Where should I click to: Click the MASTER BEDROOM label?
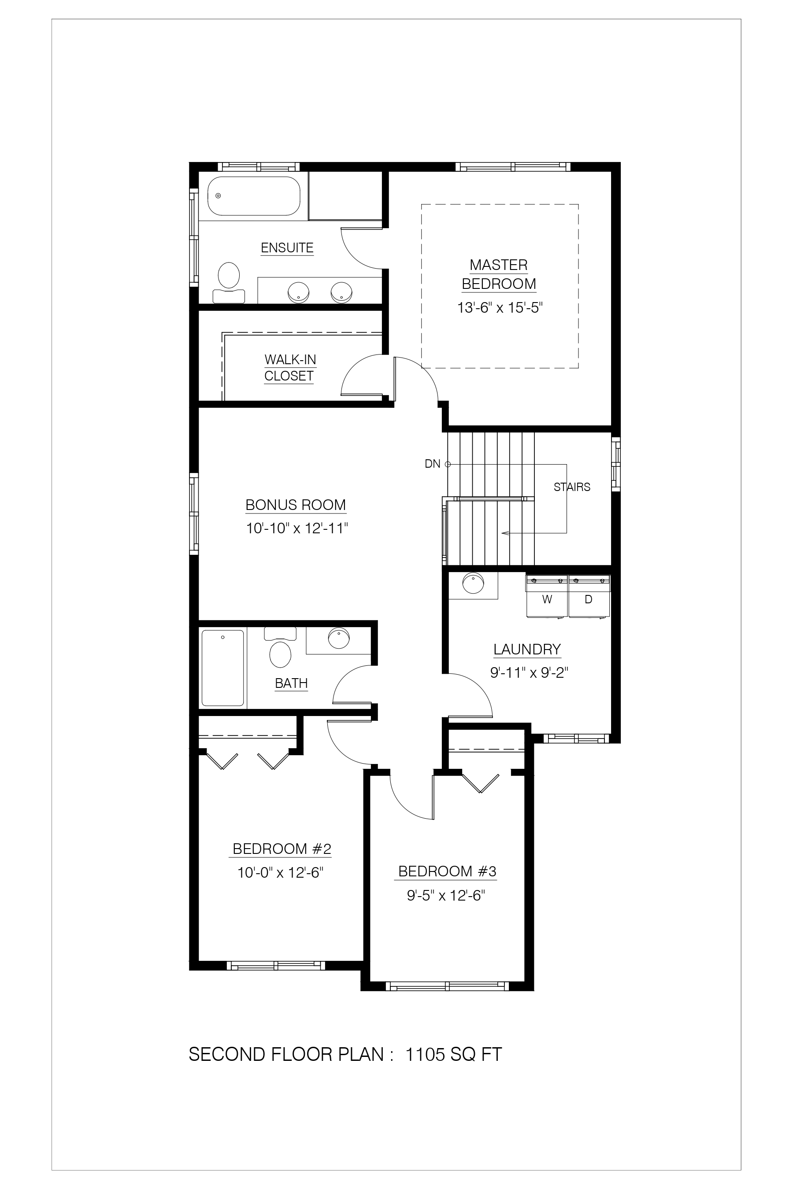499,274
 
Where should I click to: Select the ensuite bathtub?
254,196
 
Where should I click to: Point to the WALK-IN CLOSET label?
290,368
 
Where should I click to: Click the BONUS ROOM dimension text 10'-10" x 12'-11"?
297,528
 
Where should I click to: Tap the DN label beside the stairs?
433,464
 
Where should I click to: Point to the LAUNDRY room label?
527,649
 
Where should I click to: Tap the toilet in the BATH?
280,648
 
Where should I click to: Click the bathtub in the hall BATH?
223,667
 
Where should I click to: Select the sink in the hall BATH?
338,638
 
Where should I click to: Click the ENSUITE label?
287,247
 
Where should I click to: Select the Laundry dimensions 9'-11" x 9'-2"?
529,673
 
